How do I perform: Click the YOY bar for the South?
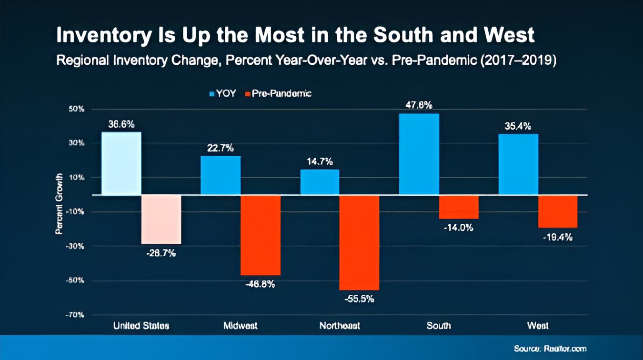(419, 154)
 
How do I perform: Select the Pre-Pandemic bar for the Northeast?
(359, 242)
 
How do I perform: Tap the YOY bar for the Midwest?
(221, 175)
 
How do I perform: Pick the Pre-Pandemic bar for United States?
(161, 219)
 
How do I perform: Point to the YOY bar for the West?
(518, 164)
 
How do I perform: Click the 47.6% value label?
(419, 105)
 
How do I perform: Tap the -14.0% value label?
(458, 228)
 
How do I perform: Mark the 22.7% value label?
(220, 148)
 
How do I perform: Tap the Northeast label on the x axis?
(340, 326)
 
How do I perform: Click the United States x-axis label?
(141, 326)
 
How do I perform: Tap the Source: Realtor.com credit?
(551, 349)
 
